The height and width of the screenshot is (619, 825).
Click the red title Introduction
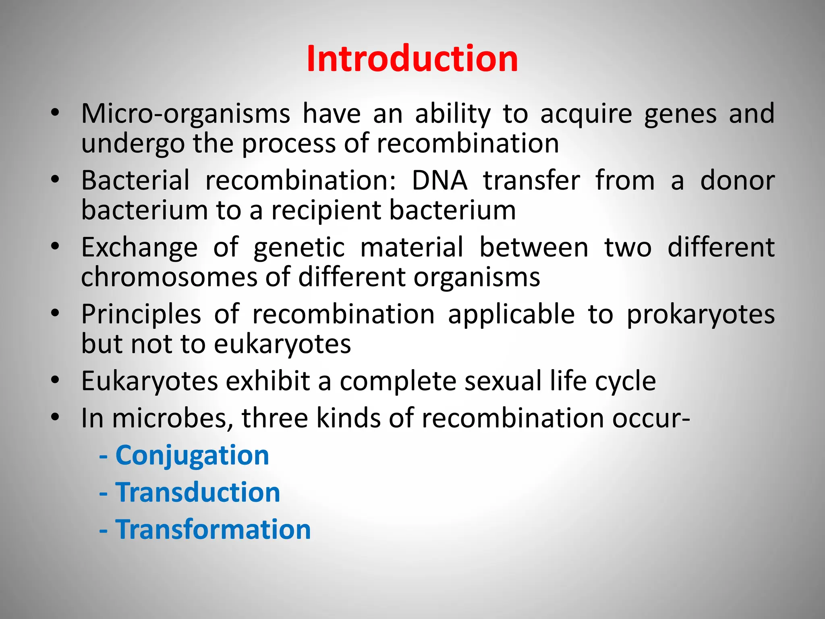412,59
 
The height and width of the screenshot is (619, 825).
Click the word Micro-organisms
185,114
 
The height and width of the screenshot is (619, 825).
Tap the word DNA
439,181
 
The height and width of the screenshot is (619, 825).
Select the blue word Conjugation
192,455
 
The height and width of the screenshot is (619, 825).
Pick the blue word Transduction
198,492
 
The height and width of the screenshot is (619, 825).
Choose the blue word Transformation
213,530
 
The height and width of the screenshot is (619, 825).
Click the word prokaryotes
701,314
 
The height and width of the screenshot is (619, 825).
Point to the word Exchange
139,247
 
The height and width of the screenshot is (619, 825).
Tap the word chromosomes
169,277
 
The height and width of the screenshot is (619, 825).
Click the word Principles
141,314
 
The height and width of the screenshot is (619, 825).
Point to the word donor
737,181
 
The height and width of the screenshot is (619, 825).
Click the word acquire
586,114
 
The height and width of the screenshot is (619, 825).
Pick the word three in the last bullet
275,418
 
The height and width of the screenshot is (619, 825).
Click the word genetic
299,247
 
